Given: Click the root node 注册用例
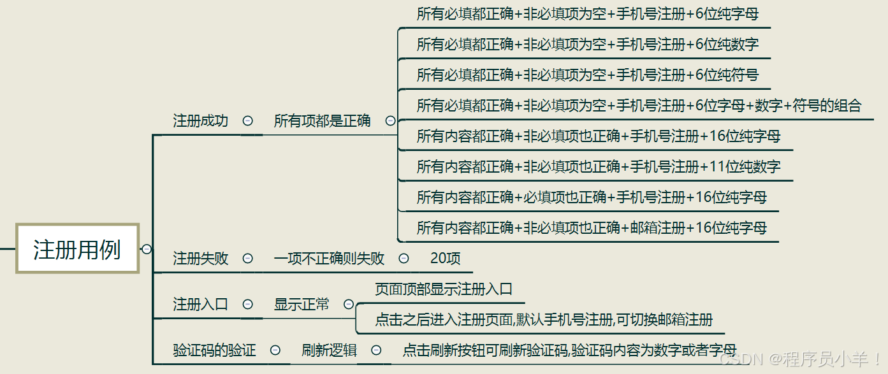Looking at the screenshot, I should coord(77,248).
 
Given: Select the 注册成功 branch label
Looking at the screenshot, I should coord(200,120).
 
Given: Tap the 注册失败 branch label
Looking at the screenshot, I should coord(200,259).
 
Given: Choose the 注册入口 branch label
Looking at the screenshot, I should coord(200,305).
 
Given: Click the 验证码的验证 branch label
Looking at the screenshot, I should coord(214,350).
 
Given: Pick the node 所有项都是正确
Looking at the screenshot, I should coord(322,120).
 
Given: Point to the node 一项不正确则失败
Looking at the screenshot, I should coord(329,259).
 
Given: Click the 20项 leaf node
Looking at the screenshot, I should coord(445,259).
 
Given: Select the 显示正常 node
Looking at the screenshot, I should coord(302,305).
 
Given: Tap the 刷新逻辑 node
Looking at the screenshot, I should coord(329,350).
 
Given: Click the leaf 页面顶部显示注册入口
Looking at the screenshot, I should coord(444,289).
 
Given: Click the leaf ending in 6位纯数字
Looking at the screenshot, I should coord(587,45).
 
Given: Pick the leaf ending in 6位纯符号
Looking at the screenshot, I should coord(587,75).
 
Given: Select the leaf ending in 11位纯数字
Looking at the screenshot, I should coord(598,167).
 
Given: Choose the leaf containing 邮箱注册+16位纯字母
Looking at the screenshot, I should coord(591,228).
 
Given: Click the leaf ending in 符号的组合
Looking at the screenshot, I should coord(639,106).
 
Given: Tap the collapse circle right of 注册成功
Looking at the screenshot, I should coord(247,120).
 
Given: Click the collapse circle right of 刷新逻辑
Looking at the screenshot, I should coord(376,350).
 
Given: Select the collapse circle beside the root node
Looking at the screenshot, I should coord(147,249).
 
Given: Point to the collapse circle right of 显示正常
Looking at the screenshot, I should coord(349,305).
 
